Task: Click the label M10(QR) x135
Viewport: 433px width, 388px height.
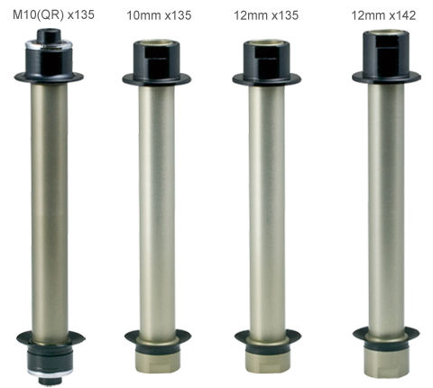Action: pyautogui.click(x=53, y=14)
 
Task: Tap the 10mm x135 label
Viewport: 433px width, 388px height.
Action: pyautogui.click(x=159, y=15)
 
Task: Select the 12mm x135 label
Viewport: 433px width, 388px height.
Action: pyautogui.click(x=266, y=15)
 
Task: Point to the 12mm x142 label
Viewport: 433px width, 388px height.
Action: pyautogui.click(x=383, y=15)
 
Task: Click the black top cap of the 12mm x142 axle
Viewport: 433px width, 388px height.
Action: pyautogui.click(x=386, y=57)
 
